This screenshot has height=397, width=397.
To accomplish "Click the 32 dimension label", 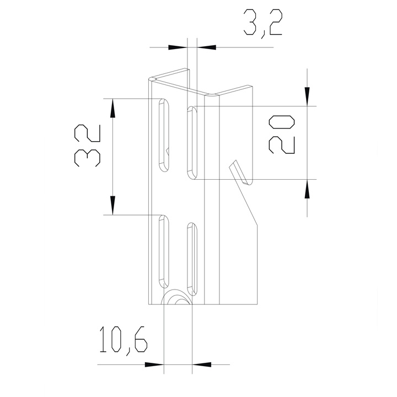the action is (x=88, y=145).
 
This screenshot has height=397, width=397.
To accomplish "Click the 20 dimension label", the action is (x=282, y=135).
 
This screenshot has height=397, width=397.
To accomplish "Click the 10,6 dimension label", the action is (x=124, y=340).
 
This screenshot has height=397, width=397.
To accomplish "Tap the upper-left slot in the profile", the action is (x=164, y=136).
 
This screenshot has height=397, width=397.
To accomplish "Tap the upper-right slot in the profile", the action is (x=192, y=143).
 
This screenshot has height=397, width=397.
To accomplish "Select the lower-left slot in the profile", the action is (x=164, y=251).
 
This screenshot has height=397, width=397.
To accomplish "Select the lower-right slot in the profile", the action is (x=192, y=259).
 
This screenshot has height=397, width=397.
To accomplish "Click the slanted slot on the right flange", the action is (x=240, y=172).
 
